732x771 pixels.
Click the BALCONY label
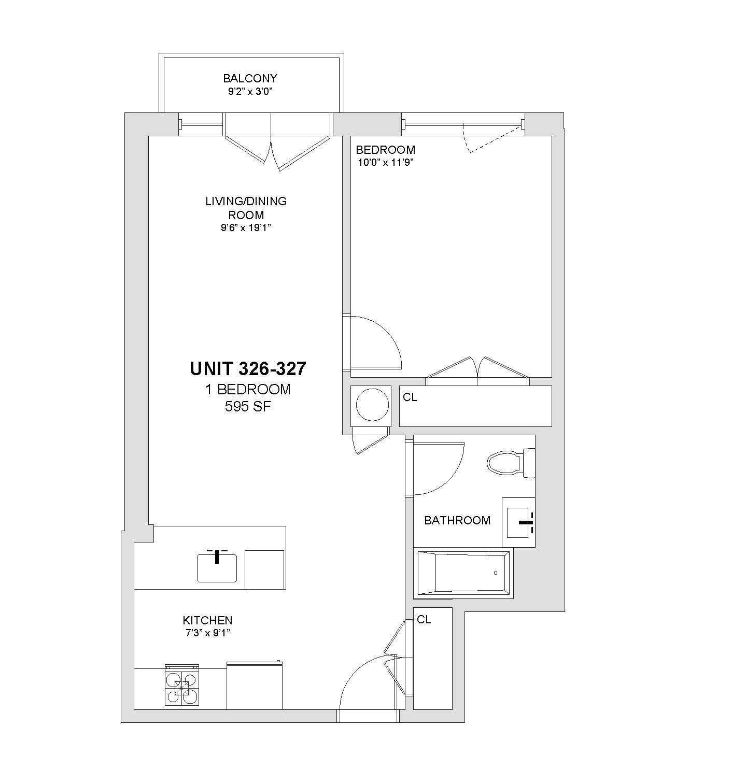250,78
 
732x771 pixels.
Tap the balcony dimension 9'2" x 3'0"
250,92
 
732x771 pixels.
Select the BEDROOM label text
385,149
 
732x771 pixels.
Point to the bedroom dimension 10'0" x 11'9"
385,162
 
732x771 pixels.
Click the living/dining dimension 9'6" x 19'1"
246,227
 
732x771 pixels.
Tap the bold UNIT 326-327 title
248,368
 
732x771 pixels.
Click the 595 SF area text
248,407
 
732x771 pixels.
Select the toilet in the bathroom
511,463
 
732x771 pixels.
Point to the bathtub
463,573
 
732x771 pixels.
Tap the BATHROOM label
457,520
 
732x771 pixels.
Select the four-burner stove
182,685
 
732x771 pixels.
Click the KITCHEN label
208,620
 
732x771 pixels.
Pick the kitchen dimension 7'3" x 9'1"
208,633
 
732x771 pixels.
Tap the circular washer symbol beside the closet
372,404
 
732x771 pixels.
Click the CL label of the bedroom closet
410,397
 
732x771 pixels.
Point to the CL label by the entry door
424,619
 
